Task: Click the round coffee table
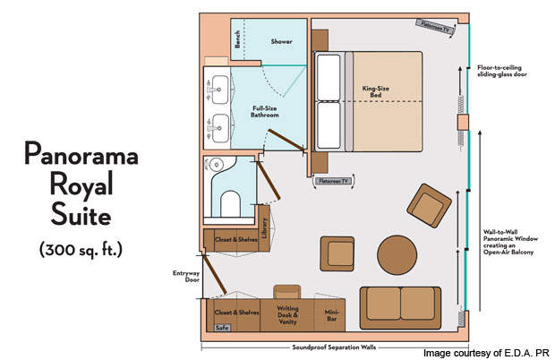click(397, 255)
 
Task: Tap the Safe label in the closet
click(222, 328)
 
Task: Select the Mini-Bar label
click(331, 315)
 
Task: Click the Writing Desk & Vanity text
click(287, 315)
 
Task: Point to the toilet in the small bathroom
click(230, 203)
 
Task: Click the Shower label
click(281, 41)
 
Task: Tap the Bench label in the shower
click(237, 39)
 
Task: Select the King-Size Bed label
click(376, 91)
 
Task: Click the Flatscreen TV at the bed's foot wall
click(333, 181)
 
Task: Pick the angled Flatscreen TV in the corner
click(435, 27)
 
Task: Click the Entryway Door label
click(186, 277)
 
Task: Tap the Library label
click(264, 227)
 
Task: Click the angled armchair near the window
click(429, 205)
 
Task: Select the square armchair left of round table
click(337, 253)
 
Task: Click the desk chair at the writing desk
click(287, 292)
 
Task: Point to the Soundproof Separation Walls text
click(334, 347)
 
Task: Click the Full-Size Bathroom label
click(265, 112)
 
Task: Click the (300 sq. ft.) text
click(81, 250)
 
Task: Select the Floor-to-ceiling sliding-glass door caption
click(502, 71)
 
